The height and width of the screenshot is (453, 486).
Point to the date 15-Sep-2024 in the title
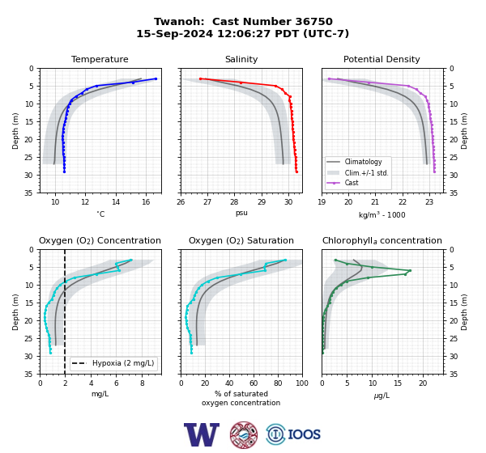point(175,33)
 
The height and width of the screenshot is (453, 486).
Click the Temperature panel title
point(100,59)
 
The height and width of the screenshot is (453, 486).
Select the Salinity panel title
point(241,59)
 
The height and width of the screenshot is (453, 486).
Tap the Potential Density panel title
point(382,59)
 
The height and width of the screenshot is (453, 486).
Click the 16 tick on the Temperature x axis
point(146,202)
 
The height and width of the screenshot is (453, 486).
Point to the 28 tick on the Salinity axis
point(234,202)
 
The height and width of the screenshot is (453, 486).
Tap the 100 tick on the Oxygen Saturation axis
point(302,383)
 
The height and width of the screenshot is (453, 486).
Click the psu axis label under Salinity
point(241,213)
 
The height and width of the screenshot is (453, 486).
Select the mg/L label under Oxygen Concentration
point(100,394)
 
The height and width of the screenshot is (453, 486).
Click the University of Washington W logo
point(202,434)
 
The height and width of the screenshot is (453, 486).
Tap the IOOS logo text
point(305,434)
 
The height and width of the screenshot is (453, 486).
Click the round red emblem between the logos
point(244,434)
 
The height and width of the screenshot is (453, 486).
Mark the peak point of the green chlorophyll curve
point(410,271)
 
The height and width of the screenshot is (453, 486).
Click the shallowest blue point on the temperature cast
point(156,79)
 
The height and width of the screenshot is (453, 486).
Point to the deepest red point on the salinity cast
point(297,171)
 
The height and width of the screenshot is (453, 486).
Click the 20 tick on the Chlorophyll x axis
point(423,383)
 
